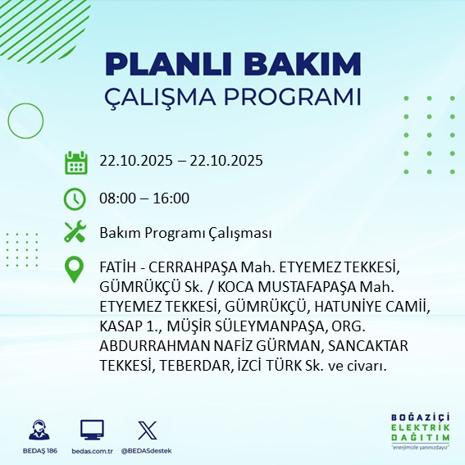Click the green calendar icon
click(75, 162)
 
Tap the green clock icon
click(75, 198)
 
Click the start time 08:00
click(116, 198)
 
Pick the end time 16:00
click(172, 198)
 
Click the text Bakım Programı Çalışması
click(185, 233)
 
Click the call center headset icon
click(36, 430)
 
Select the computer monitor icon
click(92, 430)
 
